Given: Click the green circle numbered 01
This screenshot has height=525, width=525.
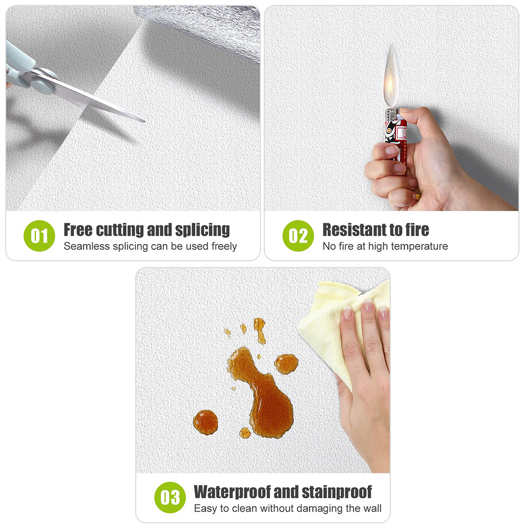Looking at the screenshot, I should pyautogui.click(x=39, y=236).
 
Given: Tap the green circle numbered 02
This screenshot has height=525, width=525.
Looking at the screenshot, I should pyautogui.click(x=298, y=236).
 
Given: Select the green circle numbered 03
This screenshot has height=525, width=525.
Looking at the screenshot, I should pyautogui.click(x=170, y=498).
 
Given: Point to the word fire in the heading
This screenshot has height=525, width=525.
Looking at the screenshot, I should pyautogui.click(x=414, y=229).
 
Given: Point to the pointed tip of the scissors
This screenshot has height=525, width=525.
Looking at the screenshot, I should pyautogui.click(x=142, y=121).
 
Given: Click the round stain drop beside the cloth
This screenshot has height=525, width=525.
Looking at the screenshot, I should pyautogui.click(x=286, y=363).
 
